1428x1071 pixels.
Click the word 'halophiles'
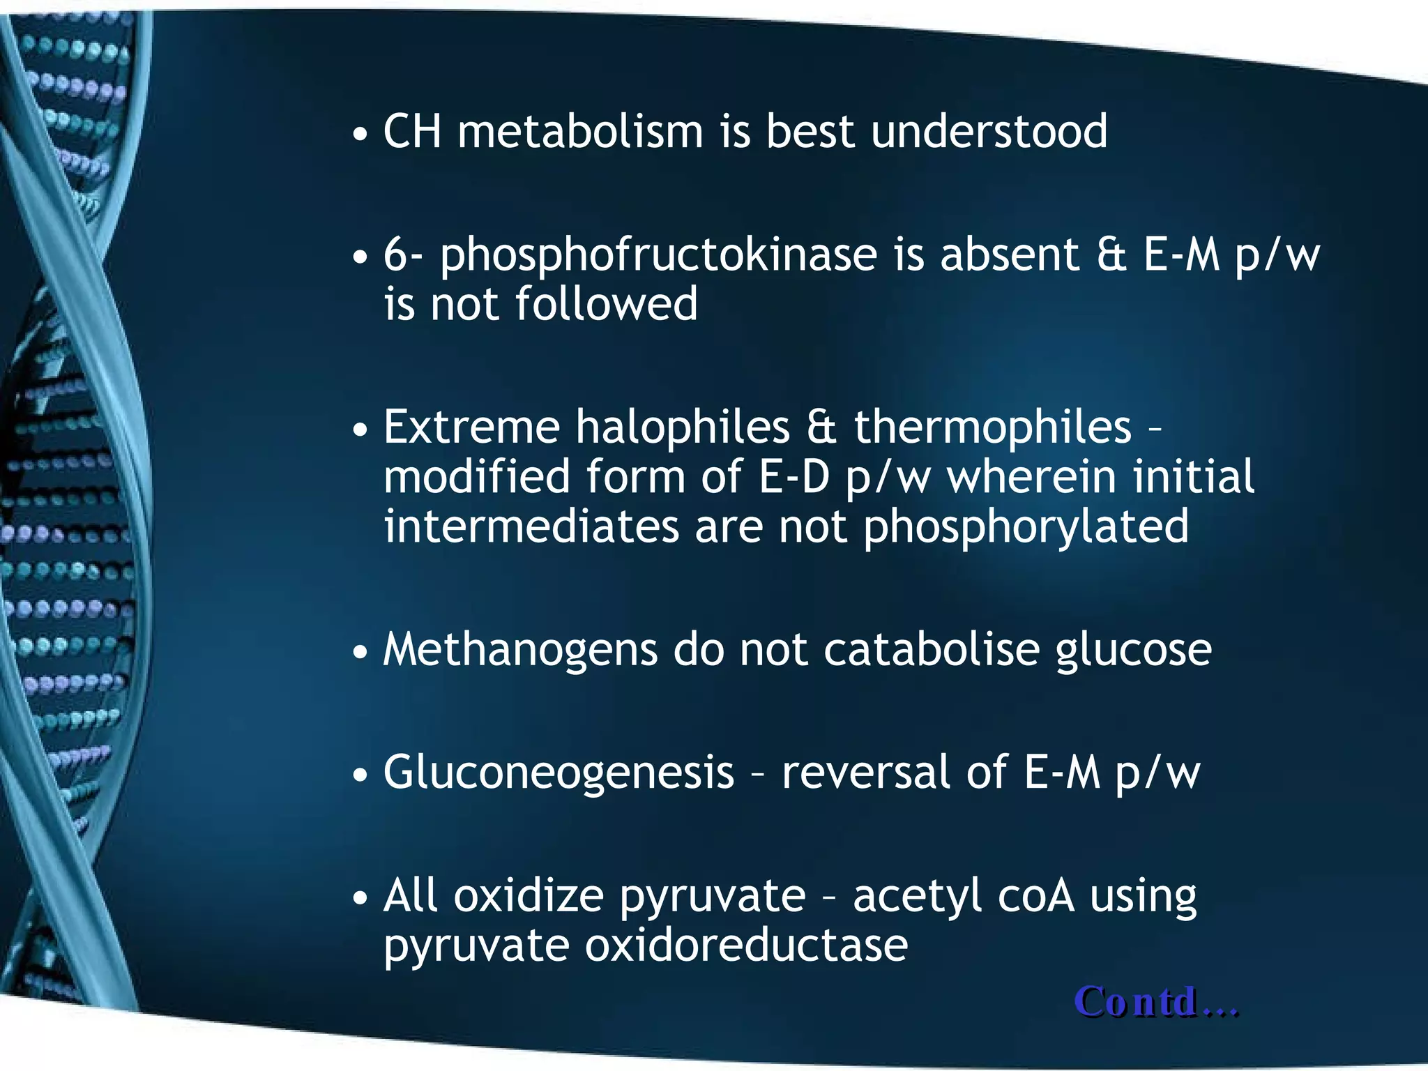682,427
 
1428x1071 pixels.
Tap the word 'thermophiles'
992,427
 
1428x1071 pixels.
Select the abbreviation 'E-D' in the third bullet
794,477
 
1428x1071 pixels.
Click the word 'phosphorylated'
1026,527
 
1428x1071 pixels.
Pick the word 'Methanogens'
520,651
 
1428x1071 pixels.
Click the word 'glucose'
1133,651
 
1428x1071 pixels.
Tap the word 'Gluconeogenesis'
559,773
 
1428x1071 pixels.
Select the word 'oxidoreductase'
746,945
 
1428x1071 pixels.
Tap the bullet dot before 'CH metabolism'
360,134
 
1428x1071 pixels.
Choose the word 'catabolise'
932,650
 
